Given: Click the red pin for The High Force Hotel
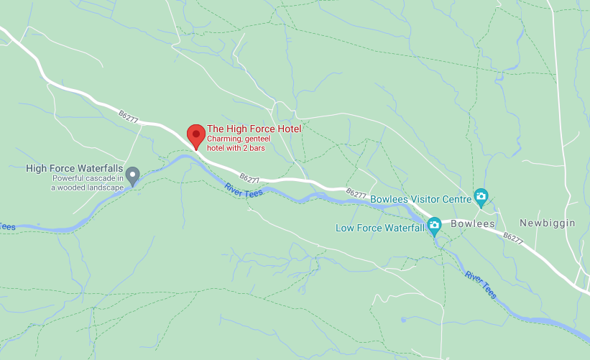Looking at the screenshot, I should point(195,135).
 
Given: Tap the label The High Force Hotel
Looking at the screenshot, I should point(254,129).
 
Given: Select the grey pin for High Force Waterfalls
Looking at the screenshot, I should point(133,175).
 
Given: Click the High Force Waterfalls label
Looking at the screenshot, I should point(75,169).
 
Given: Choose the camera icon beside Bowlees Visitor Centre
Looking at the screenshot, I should point(481,196).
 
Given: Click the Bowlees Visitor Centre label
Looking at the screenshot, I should point(420,196).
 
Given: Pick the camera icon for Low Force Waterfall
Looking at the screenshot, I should point(434,226).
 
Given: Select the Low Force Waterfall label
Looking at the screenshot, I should point(380,229).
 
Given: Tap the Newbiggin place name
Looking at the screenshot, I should point(548,223).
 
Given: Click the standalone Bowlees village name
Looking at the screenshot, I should point(473,224).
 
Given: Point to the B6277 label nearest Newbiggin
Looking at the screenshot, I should point(512,237).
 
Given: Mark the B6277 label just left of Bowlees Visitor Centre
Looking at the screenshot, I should point(356,193).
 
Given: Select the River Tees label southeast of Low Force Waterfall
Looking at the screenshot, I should point(480,285).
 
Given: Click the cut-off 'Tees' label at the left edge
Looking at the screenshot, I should point(7,227).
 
